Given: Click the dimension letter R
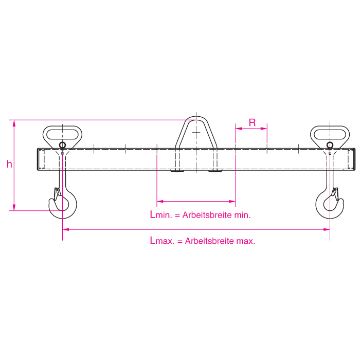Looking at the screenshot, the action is point(252,122).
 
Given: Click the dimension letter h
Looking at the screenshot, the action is point(9,164).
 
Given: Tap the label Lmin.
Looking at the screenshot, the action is point(161,214).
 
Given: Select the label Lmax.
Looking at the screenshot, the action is point(162,241).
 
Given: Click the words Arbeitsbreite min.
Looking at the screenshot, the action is point(217,215).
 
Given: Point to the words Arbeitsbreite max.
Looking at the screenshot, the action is point(220,241).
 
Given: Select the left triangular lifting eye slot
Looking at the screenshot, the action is point(62,134).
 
